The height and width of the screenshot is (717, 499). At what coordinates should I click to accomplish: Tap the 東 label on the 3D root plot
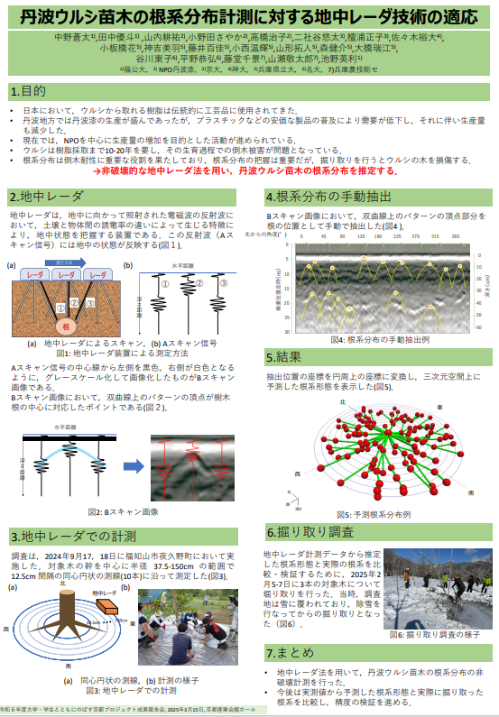coord(438,409)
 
